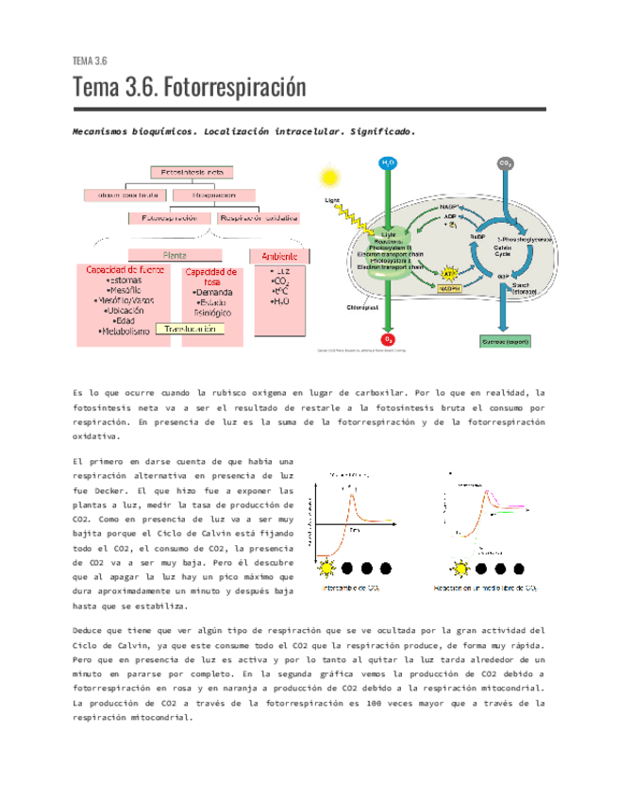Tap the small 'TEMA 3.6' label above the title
tap(90, 61)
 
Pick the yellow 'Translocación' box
tap(192, 330)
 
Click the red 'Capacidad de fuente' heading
tap(125, 270)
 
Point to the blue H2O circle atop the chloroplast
tap(388, 163)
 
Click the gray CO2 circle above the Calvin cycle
tap(506, 163)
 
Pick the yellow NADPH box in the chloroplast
tap(449, 290)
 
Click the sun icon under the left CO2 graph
tap(327, 568)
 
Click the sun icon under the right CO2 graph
tap(461, 568)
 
